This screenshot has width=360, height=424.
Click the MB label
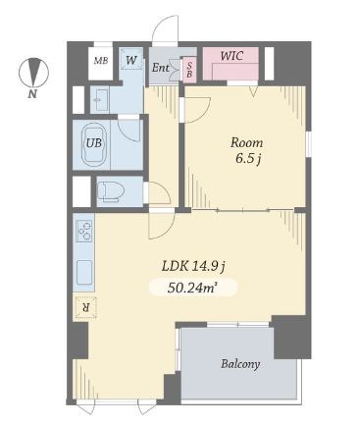coord(101,61)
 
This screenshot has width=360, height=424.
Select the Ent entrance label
coord(161,68)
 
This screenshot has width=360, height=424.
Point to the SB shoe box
coord(189,70)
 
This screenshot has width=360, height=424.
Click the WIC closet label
coord(231,56)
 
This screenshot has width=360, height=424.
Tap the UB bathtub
coord(95,144)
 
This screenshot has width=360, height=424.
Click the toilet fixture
coord(110,191)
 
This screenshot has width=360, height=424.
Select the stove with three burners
coord(83,231)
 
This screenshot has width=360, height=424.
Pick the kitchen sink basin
coord(84,272)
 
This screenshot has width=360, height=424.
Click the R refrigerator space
coord(86,307)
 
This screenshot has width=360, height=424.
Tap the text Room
coord(246,142)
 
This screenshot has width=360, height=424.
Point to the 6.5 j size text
coord(248,159)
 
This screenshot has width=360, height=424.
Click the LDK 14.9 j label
coord(193,267)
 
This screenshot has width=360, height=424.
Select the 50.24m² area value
coord(193,288)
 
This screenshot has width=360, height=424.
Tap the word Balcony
coord(240,364)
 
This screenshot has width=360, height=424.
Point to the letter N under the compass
coord(31,94)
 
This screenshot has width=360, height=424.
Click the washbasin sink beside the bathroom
coord(99,100)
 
